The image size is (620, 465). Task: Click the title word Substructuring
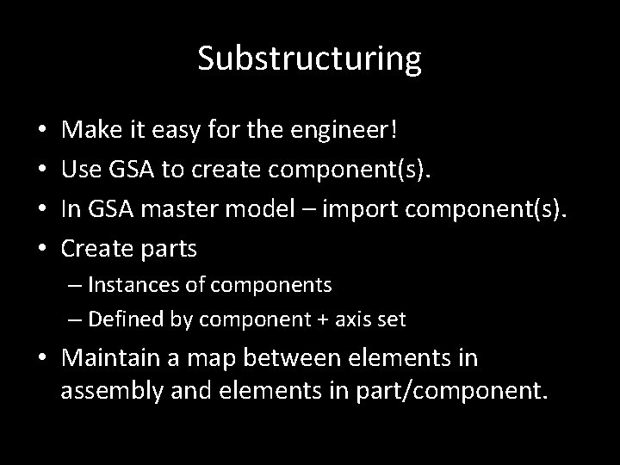coord(309,59)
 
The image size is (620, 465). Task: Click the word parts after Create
coord(168,249)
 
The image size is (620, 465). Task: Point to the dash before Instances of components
coord(75,284)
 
